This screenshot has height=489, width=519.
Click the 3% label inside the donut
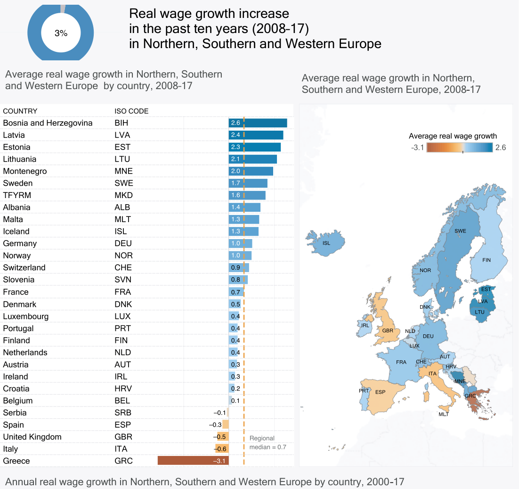coord(61,33)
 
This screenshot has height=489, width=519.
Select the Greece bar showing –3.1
coord(193,461)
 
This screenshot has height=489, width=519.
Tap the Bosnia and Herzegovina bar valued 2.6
coord(258,123)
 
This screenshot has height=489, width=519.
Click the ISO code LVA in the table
coord(122,135)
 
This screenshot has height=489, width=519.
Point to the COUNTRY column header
coord(20,111)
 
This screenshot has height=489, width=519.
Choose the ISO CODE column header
coord(131,111)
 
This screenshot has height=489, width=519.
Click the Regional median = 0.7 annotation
coord(268,443)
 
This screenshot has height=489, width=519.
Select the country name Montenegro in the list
coord(25,171)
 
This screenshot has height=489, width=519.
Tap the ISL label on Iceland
coord(326,243)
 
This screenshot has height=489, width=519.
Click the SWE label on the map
coord(460,231)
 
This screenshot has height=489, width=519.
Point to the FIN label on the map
coord(487,260)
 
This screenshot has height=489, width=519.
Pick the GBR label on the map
coord(388,331)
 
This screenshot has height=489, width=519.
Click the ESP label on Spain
coord(380,392)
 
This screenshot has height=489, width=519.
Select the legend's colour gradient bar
coord(460,148)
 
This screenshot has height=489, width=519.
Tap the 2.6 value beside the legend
coord(501,148)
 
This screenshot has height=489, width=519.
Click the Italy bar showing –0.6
coord(222,449)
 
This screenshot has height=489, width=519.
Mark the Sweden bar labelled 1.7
coord(248,183)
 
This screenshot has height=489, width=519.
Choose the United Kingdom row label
coord(32,437)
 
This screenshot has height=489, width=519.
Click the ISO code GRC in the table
coord(123,461)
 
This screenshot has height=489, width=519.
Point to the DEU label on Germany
coord(428,336)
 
